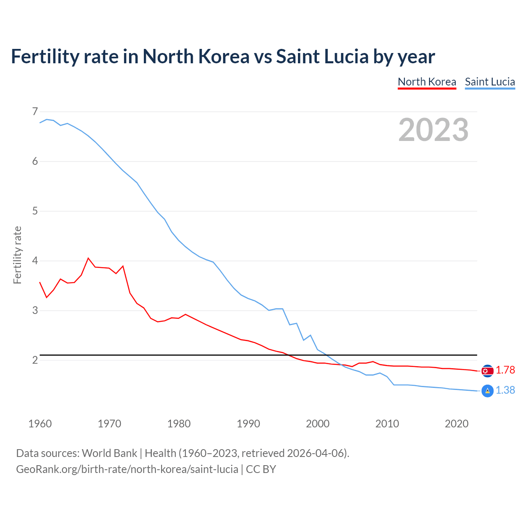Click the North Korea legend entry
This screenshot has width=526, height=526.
pyautogui.click(x=427, y=82)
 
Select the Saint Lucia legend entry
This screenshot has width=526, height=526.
pyautogui.click(x=490, y=82)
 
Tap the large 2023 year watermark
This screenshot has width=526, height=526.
pyautogui.click(x=433, y=130)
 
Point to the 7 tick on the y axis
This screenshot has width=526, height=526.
pyautogui.click(x=35, y=111)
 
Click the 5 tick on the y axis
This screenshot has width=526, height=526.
pyautogui.click(x=35, y=211)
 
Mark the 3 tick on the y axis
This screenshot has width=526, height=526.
pyautogui.click(x=35, y=311)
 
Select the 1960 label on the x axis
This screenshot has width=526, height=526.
pyautogui.click(x=40, y=424)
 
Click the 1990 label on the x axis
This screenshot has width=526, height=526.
pyautogui.click(x=248, y=424)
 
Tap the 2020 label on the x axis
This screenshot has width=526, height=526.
pyautogui.click(x=457, y=424)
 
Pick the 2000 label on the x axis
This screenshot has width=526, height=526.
pyautogui.click(x=318, y=424)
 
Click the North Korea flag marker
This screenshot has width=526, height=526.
pyautogui.click(x=487, y=371)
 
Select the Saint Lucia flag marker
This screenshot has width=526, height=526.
pyautogui.click(x=487, y=391)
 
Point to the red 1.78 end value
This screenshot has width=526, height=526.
pyautogui.click(x=505, y=370)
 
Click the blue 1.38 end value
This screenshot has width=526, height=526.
pyautogui.click(x=505, y=390)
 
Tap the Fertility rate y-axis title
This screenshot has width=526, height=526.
pyautogui.click(x=17, y=255)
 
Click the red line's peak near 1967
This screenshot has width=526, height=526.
pyautogui.click(x=88, y=258)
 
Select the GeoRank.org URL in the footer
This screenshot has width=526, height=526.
pyautogui.click(x=127, y=469)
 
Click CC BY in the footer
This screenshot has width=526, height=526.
pyautogui.click(x=261, y=469)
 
